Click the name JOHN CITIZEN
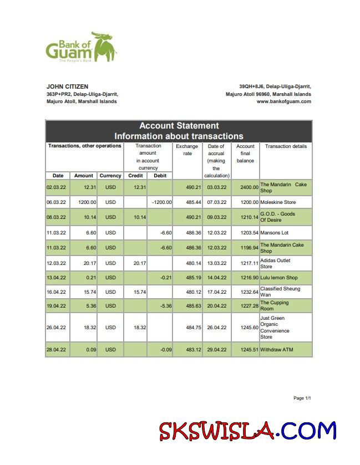pyautogui.click(x=67, y=86)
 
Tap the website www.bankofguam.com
pyautogui.click(x=283, y=101)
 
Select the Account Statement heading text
pyautogui.click(x=179, y=126)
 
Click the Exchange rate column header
pyautogui.click(x=187, y=150)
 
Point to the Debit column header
pyautogui.click(x=160, y=176)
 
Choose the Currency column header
pyautogui.click(x=110, y=176)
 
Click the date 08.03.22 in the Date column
pyautogui.click(x=58, y=217)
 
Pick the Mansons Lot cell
pyautogui.click(x=274, y=233)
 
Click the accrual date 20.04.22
pyautogui.click(x=216, y=306)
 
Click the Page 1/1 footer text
pyautogui.click(x=302, y=398)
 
